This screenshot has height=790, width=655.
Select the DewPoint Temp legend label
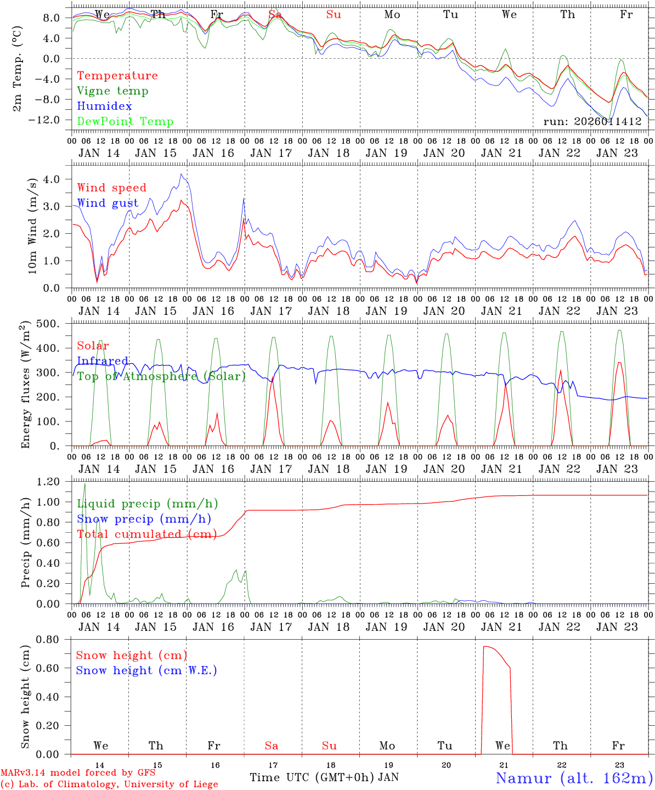click(x=125, y=122)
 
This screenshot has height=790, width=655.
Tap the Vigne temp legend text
click(x=112, y=91)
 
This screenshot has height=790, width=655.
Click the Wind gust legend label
click(x=108, y=203)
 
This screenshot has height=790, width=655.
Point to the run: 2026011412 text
click(x=592, y=122)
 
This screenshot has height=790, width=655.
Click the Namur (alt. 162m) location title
click(x=574, y=778)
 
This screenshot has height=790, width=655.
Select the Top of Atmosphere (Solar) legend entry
click(x=161, y=376)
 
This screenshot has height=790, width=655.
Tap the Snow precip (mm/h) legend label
click(x=144, y=519)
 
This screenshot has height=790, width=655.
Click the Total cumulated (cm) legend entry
click(x=146, y=534)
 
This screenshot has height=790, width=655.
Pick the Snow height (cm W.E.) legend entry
click(x=146, y=670)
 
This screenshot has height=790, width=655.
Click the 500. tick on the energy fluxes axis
click(x=48, y=324)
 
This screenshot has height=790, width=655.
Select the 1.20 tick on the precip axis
click(x=48, y=482)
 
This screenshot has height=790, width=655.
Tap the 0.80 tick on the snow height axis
click(x=48, y=639)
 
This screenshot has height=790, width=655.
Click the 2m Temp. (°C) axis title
click(x=18, y=67)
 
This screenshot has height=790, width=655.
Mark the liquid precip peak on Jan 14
click(x=84, y=484)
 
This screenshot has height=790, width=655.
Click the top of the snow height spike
click(x=485, y=646)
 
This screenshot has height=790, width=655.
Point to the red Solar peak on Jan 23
click(x=619, y=362)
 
